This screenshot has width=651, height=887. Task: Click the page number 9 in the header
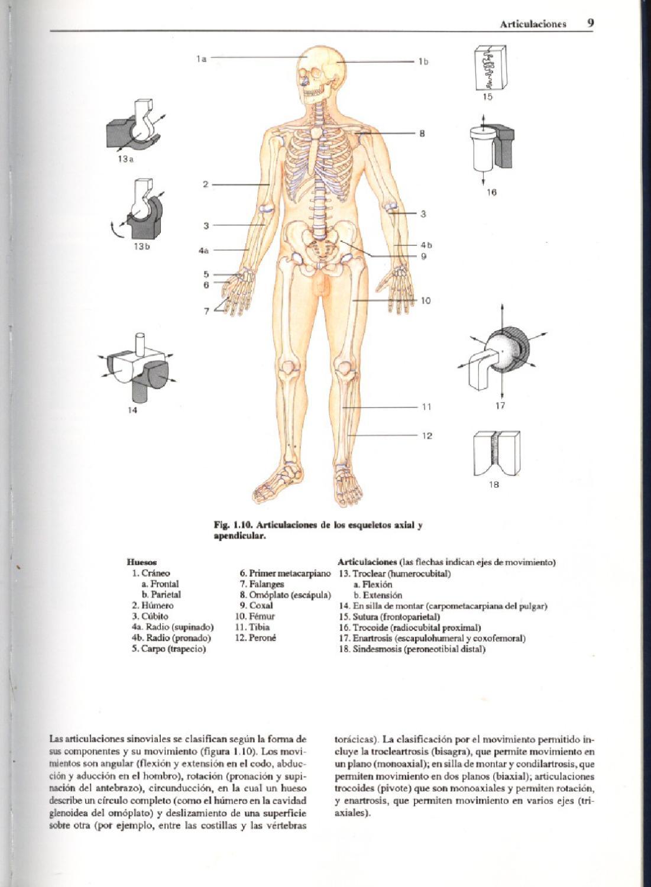pyautogui.click(x=590, y=23)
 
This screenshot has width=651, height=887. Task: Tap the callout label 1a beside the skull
pyautogui.click(x=201, y=59)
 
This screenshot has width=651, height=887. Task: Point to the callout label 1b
pyautogui.click(x=423, y=61)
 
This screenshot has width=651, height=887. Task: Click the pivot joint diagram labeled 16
pyautogui.click(x=491, y=147)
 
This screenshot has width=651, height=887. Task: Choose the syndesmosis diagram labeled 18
pyautogui.click(x=497, y=452)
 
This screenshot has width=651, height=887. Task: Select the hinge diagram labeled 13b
pyautogui.click(x=140, y=211)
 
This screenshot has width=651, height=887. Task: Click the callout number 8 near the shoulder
pyautogui.click(x=422, y=134)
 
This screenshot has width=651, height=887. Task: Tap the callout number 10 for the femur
pyautogui.click(x=426, y=300)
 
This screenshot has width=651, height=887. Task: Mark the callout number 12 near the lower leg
pyautogui.click(x=427, y=436)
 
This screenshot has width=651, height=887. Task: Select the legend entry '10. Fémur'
pyautogui.click(x=255, y=616)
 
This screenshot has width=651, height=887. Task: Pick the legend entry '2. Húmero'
pyautogui.click(x=153, y=606)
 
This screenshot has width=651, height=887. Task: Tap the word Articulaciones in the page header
pyautogui.click(x=533, y=24)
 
